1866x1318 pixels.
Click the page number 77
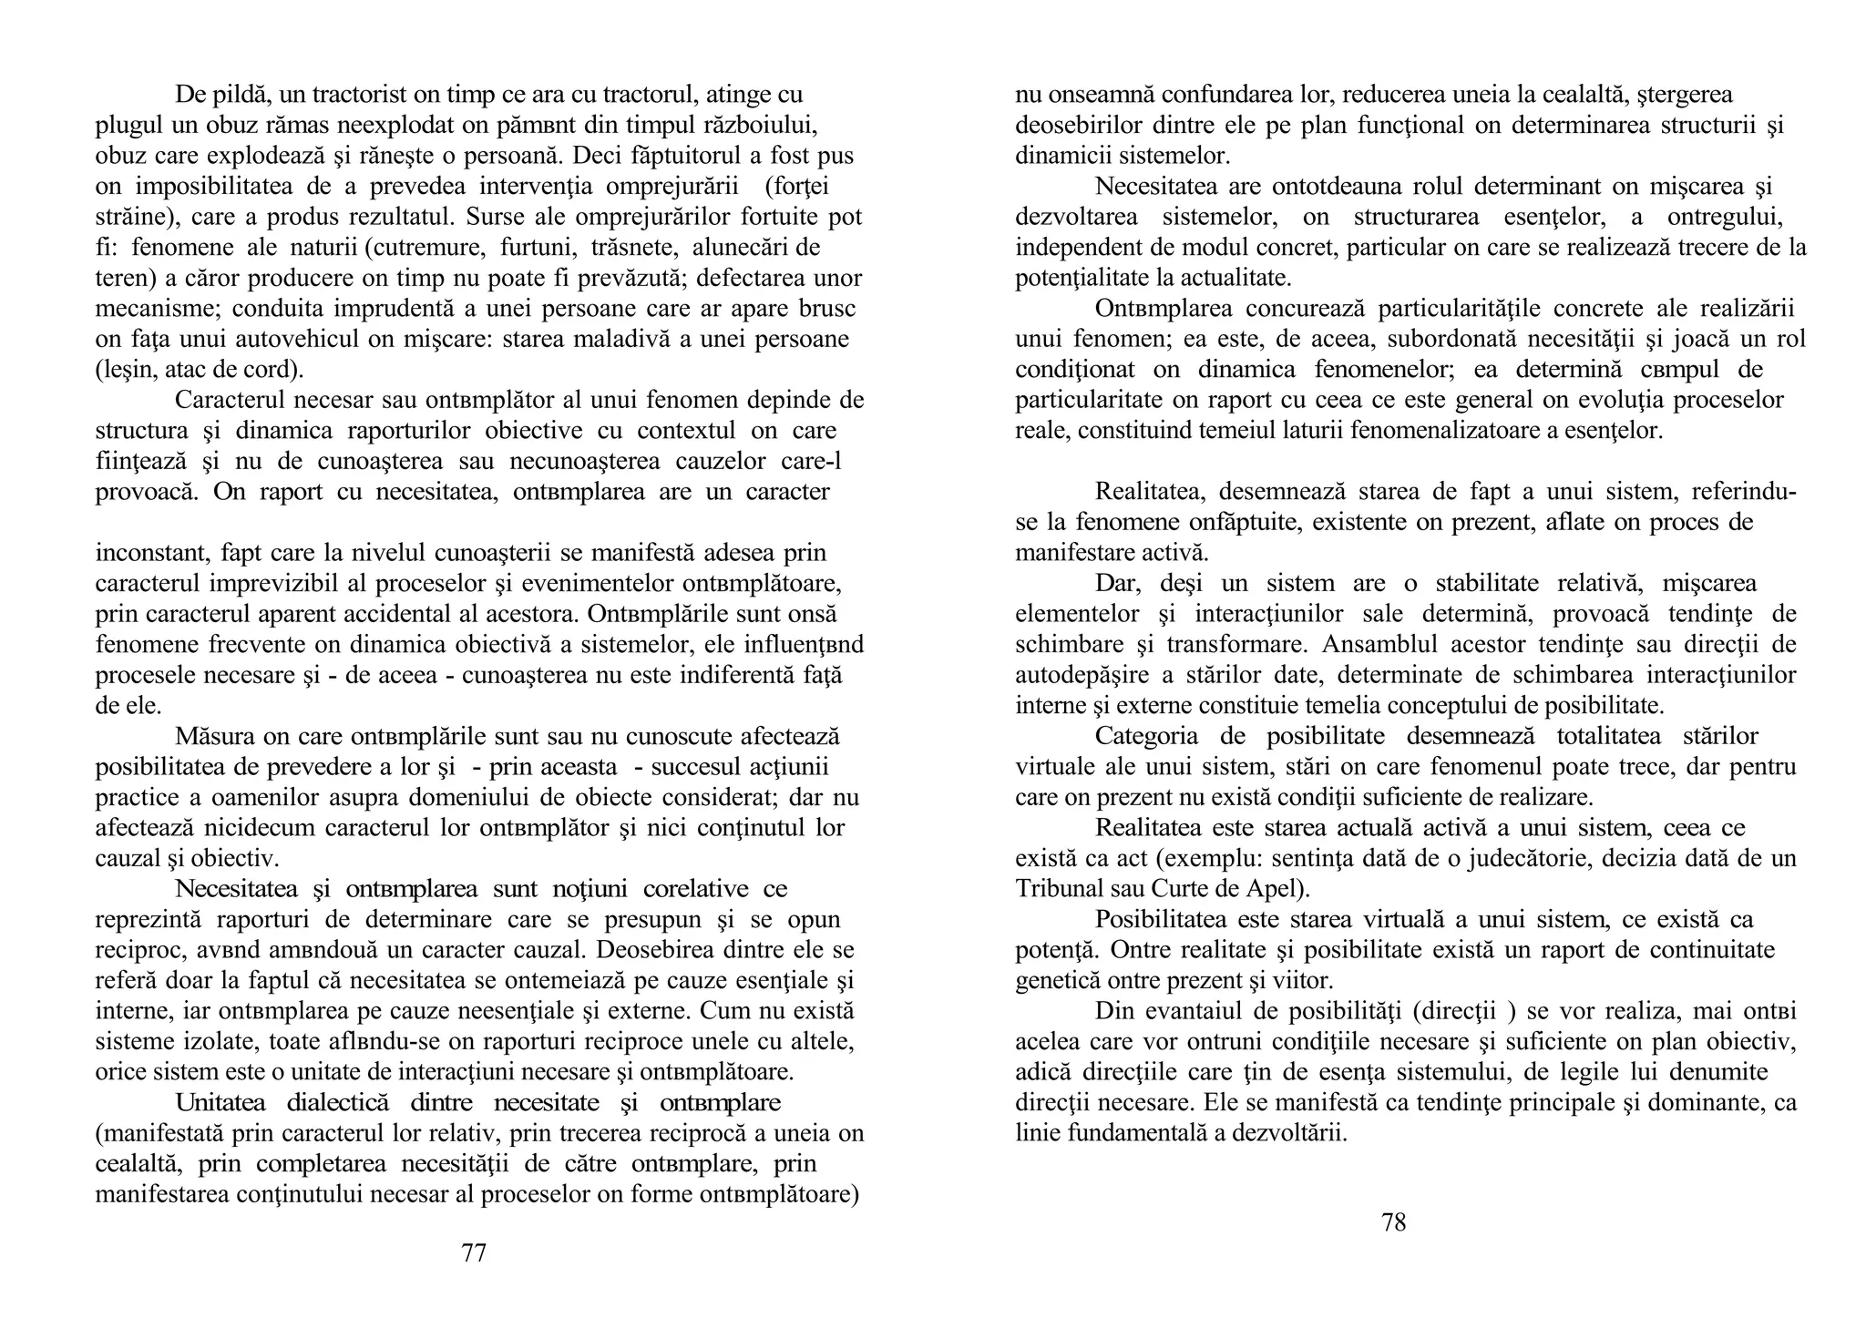[474, 1253]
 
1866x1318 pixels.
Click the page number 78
[1394, 1222]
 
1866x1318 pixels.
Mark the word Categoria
[1146, 736]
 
